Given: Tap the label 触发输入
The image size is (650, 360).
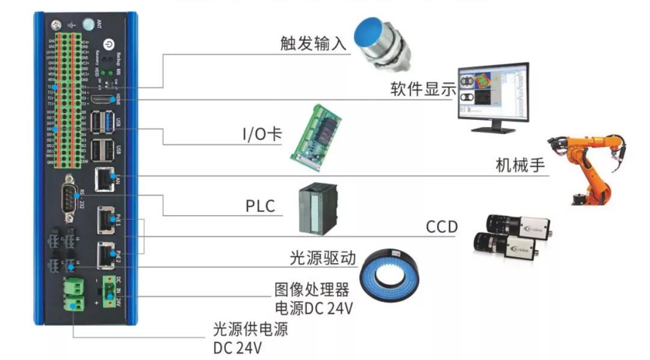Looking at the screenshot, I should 314,43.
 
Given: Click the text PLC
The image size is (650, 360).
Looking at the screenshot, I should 260,206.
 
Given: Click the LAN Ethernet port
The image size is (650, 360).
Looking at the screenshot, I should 104,179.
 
